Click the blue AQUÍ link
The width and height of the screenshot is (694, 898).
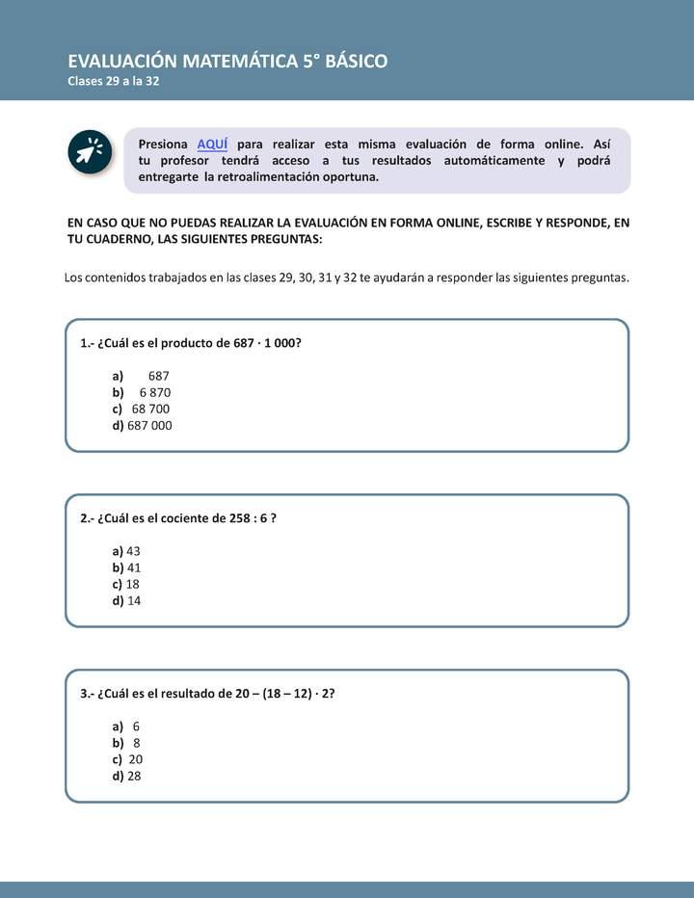(x=212, y=144)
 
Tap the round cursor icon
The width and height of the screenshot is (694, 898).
(x=89, y=153)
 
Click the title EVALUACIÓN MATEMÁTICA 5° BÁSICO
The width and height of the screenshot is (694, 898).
(x=227, y=62)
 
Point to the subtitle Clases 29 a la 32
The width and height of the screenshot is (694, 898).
(x=113, y=82)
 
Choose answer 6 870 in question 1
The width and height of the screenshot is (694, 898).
(x=155, y=392)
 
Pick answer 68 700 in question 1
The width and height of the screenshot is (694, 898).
(x=150, y=409)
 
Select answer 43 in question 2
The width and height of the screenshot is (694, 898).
(x=134, y=551)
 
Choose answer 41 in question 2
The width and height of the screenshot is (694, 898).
(x=134, y=568)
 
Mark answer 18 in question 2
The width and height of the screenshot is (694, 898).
(x=134, y=584)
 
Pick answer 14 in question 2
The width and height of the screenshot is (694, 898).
(x=134, y=600)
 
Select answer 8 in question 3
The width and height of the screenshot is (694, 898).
(x=137, y=743)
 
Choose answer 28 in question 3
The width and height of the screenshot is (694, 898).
(x=134, y=776)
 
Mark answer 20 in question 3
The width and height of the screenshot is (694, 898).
(x=135, y=759)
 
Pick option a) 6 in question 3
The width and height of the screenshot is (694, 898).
(x=137, y=726)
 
